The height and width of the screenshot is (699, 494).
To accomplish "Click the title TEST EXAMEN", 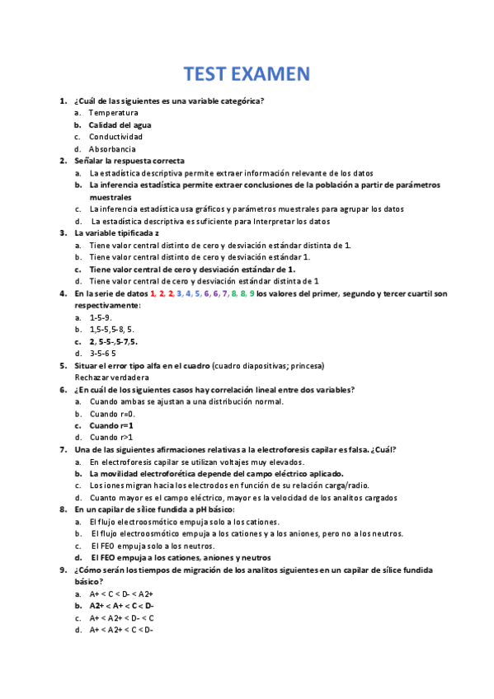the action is [247, 74].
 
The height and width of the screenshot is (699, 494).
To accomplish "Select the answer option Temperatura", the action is [114, 112].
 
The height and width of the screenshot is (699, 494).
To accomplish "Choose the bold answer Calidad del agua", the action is [120, 124].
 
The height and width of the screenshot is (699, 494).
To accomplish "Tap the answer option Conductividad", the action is [116, 137].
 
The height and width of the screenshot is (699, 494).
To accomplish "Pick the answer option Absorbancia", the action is [113, 149].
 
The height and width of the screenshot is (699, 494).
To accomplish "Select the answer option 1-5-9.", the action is [101, 317].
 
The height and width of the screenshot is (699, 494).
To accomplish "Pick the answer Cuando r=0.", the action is [113, 414].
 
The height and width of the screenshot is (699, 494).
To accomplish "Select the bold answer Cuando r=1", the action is [114, 425].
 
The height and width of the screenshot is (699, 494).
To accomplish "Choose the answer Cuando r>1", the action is [113, 438].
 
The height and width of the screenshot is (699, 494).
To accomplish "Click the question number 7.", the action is [64, 449].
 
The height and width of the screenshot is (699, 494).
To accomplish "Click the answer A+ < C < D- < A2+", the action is [122, 593].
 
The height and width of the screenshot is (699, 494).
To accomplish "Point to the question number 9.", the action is [64, 570].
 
